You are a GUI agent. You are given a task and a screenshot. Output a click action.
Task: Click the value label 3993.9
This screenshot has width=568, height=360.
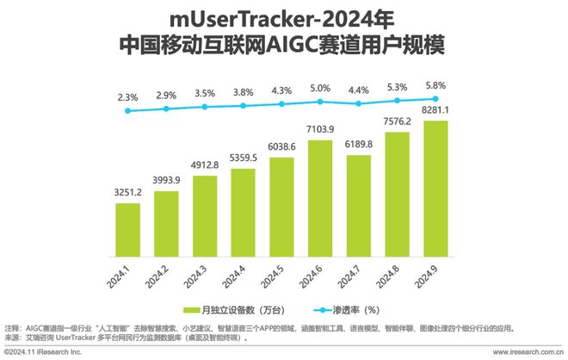(x=166, y=180)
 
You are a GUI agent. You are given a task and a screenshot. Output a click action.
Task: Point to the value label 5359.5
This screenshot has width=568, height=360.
(x=242, y=158)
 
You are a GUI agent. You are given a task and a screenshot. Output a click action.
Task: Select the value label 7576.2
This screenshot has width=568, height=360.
(x=398, y=120)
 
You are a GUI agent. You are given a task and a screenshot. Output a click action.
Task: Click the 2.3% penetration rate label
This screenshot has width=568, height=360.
(x=128, y=96)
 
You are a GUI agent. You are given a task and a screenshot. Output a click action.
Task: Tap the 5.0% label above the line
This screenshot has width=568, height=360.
(x=320, y=88)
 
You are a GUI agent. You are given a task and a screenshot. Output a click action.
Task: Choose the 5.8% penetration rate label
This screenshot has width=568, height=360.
(x=437, y=85)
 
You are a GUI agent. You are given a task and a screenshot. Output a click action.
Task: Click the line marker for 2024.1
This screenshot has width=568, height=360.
(x=128, y=110)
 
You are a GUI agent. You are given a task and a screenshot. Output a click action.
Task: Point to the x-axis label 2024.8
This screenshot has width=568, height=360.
(x=398, y=281)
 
